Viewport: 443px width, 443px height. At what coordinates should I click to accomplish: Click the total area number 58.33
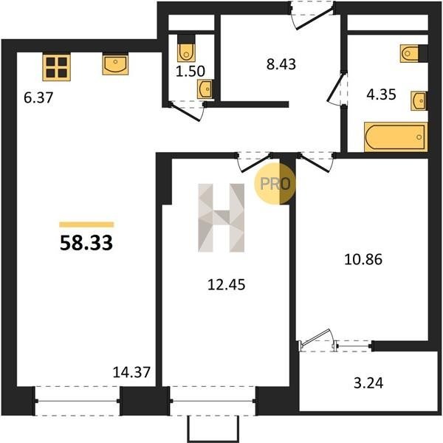coord(86,243)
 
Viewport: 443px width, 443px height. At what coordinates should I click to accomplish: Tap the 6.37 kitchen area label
coord(38,98)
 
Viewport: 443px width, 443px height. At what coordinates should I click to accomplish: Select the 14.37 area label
coord(131,372)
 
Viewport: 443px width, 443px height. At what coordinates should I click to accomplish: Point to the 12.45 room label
coord(227,284)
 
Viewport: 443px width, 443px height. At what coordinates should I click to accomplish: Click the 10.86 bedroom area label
coord(363,259)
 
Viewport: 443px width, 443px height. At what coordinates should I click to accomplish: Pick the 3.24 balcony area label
coord(368,383)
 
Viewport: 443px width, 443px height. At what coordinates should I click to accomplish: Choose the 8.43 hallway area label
coord(281,64)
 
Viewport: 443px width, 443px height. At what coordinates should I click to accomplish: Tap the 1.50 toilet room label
coord(190,71)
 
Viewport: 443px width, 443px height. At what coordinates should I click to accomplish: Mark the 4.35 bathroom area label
coord(381,95)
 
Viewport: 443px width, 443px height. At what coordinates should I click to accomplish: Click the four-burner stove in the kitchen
coord(57,67)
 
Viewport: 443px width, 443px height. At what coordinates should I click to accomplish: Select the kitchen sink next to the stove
coord(115,64)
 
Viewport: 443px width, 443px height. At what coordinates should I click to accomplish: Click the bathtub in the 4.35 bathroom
coord(396,137)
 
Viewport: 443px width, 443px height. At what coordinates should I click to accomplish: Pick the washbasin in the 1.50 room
coord(205,89)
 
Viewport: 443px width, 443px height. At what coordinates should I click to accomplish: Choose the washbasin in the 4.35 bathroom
coord(419,100)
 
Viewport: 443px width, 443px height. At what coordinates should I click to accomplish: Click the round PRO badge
coord(275,184)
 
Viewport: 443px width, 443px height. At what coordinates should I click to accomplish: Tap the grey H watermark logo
coord(221,218)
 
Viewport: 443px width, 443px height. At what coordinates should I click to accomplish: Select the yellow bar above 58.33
coord(86,224)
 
